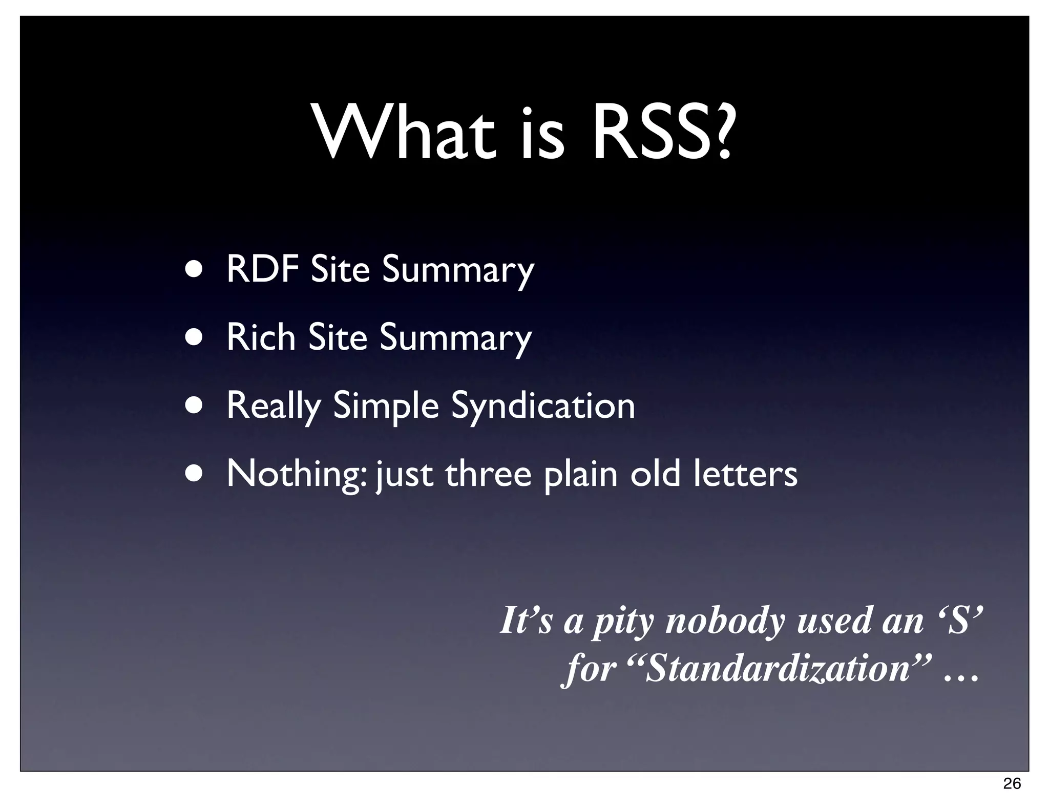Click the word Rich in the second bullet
point(261,337)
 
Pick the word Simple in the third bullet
point(386,406)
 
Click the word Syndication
point(543,406)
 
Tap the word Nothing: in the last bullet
point(297,474)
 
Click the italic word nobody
point(725,620)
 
